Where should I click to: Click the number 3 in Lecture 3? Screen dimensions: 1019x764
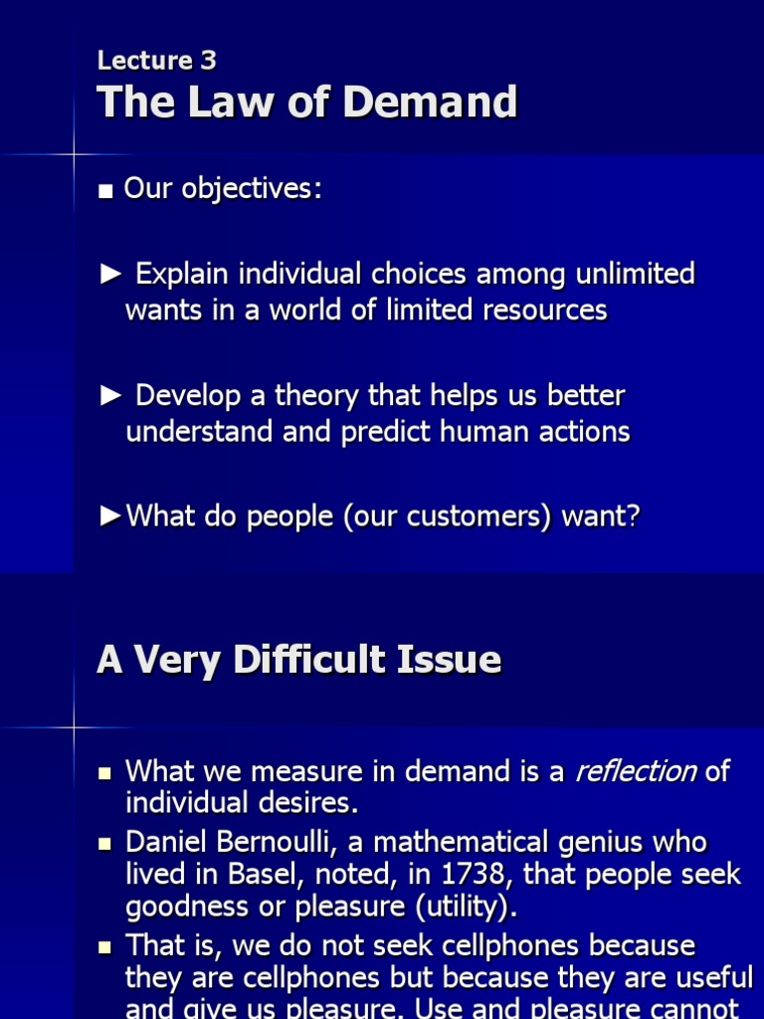pos(207,61)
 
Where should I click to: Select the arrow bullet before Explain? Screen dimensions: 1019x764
pos(111,274)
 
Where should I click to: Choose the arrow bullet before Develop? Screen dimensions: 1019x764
pos(111,396)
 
